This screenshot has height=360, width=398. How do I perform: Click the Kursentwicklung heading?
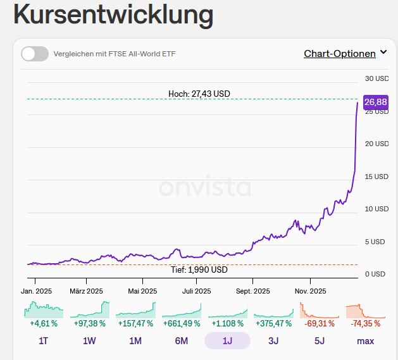point(113,15)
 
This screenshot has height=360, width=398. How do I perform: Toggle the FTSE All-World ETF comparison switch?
point(35,54)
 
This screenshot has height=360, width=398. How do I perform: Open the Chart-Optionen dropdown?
point(345,54)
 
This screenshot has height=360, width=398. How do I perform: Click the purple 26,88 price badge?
point(376,102)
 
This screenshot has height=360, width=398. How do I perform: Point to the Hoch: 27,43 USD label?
point(199,94)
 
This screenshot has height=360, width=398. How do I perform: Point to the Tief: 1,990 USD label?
point(199,270)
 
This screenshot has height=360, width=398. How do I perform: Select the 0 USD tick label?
point(374,274)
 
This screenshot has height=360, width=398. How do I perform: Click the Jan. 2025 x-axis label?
point(35,291)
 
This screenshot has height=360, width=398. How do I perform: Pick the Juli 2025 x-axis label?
point(197,291)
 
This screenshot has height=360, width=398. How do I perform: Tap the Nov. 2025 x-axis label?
point(310,291)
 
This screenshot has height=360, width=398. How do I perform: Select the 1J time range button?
point(227,341)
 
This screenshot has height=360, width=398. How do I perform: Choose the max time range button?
point(365,341)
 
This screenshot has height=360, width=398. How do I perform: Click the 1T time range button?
point(44,341)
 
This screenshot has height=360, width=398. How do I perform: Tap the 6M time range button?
point(182,341)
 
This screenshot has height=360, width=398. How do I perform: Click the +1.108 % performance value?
point(228,323)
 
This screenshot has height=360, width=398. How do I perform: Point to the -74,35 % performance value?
point(365,323)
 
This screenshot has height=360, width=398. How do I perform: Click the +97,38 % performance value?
point(89,323)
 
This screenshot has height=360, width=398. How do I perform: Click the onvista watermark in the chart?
point(204,188)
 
